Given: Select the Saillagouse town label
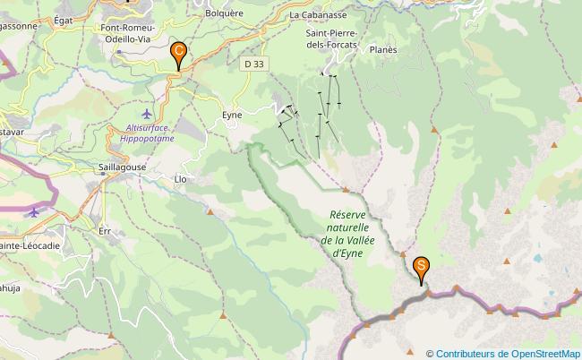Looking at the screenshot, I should coord(123,167).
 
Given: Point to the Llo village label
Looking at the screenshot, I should coord(180,179).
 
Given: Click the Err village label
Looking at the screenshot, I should coord(105,230).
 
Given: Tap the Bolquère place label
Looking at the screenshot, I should coord(224,15).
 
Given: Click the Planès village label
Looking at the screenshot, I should coord(382,50).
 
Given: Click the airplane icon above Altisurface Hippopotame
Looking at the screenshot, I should coord(148,114).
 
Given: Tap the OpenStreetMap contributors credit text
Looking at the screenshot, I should coord(503,353).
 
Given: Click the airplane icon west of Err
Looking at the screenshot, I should coord(34,212).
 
